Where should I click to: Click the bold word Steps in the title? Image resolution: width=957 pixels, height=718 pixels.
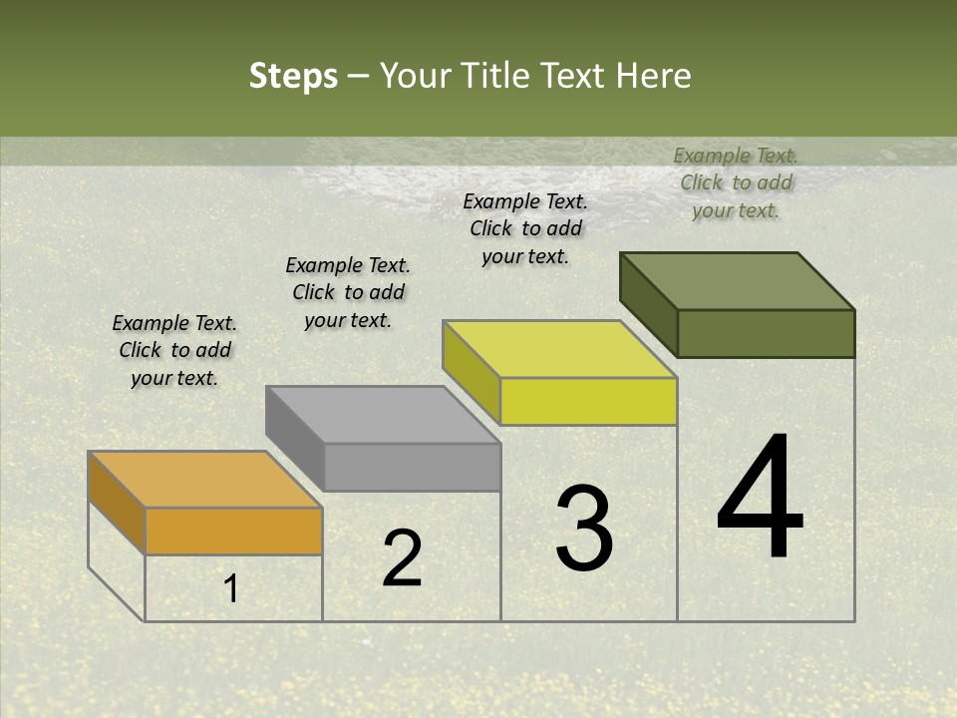pos(292,76)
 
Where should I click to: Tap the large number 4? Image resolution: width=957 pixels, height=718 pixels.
pos(760,499)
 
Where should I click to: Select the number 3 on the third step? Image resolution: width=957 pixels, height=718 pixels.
pos(584,529)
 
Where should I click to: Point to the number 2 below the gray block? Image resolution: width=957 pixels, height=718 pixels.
pos(403,558)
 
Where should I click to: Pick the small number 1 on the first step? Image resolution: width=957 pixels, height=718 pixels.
pos(230,589)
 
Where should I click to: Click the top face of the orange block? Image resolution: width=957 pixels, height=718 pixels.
pos(204,480)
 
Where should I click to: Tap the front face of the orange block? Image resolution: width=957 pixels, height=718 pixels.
pos(233,531)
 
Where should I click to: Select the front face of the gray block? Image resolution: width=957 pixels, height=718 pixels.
pos(412,467)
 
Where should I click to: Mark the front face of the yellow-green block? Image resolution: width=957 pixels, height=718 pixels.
pos(588,401)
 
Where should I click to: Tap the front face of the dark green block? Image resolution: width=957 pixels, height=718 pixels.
pos(766,333)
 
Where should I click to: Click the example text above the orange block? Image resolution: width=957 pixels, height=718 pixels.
pos(174,350)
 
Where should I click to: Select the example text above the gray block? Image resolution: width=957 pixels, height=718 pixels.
pos(348,292)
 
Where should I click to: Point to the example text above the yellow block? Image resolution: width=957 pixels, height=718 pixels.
pos(525,228)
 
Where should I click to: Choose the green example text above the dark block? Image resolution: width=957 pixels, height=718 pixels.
pos(736,182)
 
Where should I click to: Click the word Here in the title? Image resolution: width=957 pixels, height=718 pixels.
pos(654,76)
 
